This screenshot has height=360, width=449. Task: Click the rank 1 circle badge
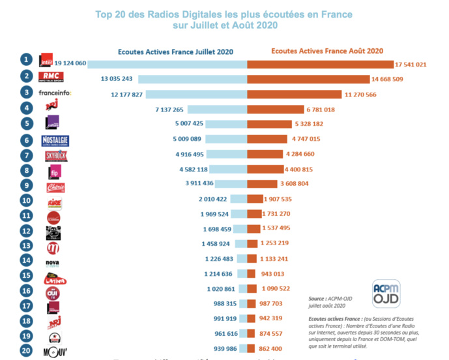[x=26, y=59]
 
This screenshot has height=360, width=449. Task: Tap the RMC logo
[x=51, y=76]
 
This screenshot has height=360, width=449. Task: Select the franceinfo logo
[x=55, y=93]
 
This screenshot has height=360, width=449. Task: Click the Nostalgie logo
[x=54, y=140]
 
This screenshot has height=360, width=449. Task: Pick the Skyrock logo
[x=54, y=156]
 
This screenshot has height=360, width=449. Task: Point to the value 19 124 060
[x=70, y=63]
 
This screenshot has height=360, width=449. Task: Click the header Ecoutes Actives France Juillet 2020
[x=175, y=51]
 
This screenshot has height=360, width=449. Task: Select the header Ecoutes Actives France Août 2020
[x=326, y=50]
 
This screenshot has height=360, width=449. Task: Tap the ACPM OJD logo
[x=385, y=292]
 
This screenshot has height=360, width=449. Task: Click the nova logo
[x=53, y=263]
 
